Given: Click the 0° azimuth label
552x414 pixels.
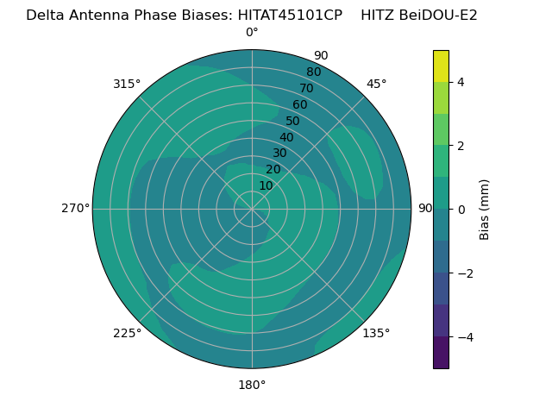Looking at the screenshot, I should tap(252, 33).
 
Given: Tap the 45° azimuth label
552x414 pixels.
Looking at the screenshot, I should tap(376, 84).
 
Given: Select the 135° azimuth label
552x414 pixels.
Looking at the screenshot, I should tap(376, 333).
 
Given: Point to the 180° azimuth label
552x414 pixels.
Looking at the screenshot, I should tap(252, 385).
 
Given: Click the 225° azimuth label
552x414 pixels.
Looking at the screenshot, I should tap(127, 333).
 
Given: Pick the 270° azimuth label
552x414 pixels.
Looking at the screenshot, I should tap(75, 208).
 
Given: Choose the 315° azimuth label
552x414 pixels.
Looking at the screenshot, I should tap(127, 84).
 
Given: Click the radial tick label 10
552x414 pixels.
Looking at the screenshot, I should tap(266, 185).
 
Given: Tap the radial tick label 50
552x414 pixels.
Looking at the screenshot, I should tap(293, 121).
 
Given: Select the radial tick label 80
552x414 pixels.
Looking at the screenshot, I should tap(313, 72).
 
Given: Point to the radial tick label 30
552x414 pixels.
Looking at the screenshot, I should tap(279, 154).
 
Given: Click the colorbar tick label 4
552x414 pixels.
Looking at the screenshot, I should tap(461, 82).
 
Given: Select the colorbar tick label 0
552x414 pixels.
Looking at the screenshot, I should tap(461, 210).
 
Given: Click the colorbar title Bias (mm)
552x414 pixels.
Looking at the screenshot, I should tap(485, 209).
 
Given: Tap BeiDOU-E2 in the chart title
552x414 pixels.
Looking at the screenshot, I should tap(439, 16).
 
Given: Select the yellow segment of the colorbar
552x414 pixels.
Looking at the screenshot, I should tap(441, 66).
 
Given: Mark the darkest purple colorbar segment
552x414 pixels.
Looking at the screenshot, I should tap(441, 353).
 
